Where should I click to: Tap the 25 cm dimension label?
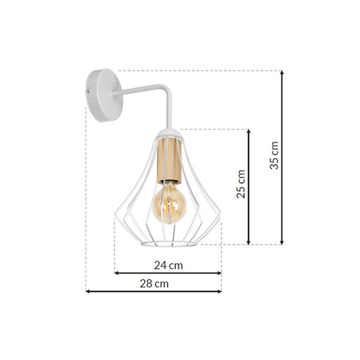coord(241,187)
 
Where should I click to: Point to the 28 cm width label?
coord(154,283)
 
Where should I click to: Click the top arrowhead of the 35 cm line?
coord(284,73)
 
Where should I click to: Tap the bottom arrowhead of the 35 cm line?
coord(284,242)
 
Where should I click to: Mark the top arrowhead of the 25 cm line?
coord(250,130)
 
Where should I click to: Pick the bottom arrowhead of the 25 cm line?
coord(250,242)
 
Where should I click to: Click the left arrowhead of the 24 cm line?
coord(118,273)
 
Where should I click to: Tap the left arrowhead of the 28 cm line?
coord(87,291)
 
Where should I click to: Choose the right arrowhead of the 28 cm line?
coord(220,291)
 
